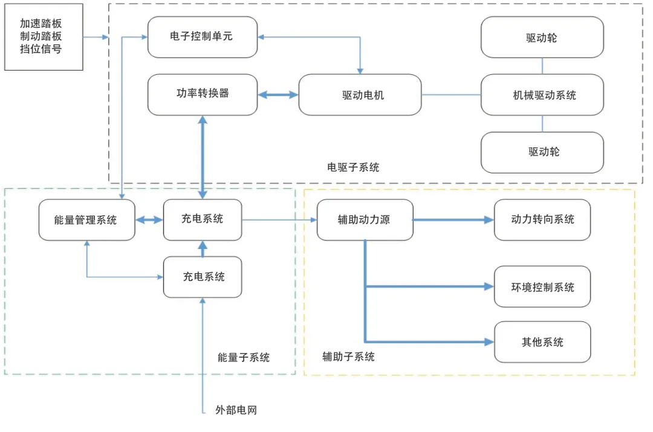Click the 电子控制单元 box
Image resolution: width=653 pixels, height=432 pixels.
click(x=202, y=37)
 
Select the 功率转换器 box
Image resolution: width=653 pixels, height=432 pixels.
click(x=202, y=94)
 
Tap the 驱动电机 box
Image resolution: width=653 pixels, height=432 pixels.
click(x=360, y=95)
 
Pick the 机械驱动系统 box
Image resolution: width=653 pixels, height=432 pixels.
click(x=542, y=95)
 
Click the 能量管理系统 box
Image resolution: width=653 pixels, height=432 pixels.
click(x=86, y=220)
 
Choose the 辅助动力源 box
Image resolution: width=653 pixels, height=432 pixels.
click(x=365, y=220)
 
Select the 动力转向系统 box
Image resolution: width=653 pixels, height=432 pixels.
click(x=542, y=220)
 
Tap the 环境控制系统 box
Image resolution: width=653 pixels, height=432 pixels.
click(x=542, y=286)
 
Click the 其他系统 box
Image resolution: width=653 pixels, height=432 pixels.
click(x=542, y=342)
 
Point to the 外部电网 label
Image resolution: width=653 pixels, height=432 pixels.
click(x=236, y=410)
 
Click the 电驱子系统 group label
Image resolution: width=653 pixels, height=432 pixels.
click(x=353, y=167)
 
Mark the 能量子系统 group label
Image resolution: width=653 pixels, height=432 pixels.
click(x=244, y=357)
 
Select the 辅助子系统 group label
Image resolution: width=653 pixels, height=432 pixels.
click(x=348, y=357)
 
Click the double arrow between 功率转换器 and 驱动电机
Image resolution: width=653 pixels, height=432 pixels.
click(x=278, y=95)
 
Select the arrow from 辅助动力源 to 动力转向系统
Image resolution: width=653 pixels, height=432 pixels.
click(x=453, y=220)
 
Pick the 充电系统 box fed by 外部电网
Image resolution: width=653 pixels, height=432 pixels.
click(x=203, y=277)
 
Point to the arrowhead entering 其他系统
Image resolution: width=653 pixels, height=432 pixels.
click(x=490, y=342)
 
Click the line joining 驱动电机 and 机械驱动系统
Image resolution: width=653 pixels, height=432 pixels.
click(x=451, y=95)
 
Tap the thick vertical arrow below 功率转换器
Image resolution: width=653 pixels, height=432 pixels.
click(x=203, y=156)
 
